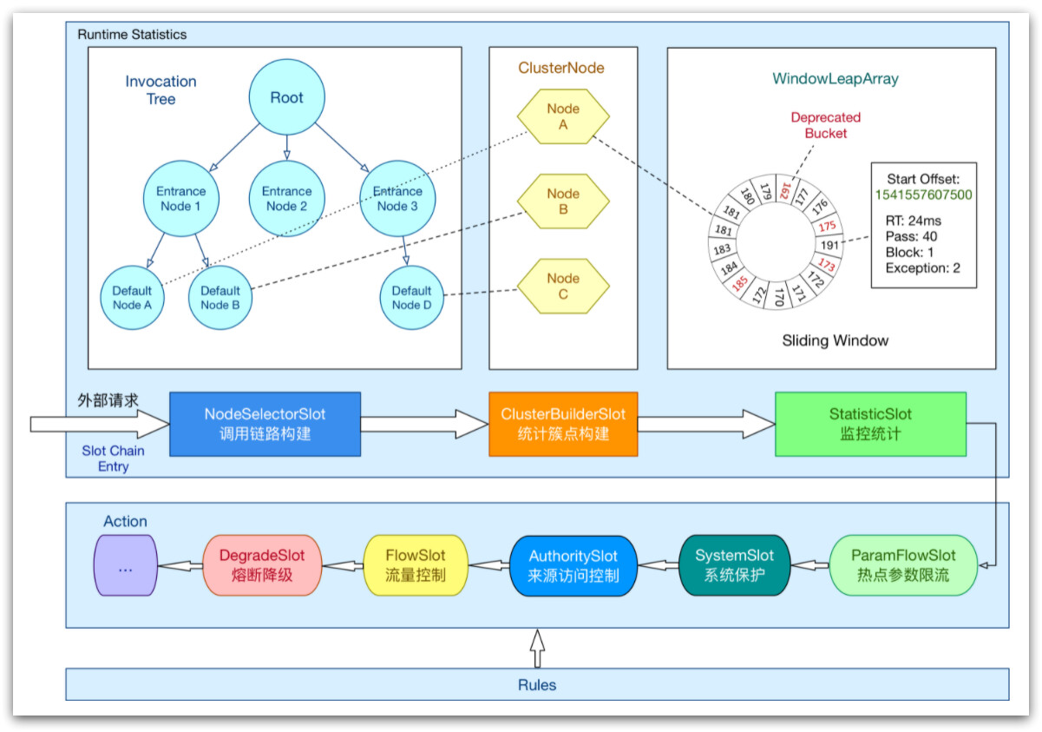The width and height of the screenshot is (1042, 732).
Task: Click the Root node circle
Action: pos(286,98)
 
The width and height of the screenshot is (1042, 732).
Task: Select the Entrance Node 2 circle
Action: pos(286,199)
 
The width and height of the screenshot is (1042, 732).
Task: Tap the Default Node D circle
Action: pos(411,298)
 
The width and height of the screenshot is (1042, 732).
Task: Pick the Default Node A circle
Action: pos(132,298)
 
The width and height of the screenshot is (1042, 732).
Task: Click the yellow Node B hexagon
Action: pos(563,201)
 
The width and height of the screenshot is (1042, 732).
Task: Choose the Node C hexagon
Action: pos(563,287)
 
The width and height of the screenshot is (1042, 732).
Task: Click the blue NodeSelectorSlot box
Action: pos(265,424)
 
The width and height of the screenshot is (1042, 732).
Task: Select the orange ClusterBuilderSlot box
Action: pos(563,424)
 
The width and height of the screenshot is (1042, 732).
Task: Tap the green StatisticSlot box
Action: pos(870,424)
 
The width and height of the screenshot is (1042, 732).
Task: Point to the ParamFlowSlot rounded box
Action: pos(903,565)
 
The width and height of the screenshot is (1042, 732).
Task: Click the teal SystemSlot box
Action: pos(734,565)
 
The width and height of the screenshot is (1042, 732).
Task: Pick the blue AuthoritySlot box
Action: pos(573,565)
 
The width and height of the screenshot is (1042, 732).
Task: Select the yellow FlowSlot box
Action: pos(416,565)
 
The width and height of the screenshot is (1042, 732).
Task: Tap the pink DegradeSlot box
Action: pos(262,565)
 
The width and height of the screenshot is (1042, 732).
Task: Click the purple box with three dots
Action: pos(125,565)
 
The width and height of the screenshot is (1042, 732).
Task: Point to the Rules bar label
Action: pos(537,685)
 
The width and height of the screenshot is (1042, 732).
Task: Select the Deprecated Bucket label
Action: pos(825,125)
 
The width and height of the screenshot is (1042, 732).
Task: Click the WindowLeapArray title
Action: pos(835,79)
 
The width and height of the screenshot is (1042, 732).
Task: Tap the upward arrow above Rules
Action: pos(537,647)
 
